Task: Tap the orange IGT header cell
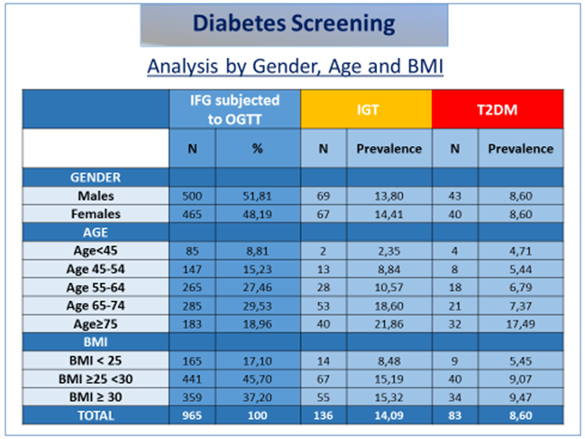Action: [366, 109]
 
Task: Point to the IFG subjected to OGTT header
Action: [236, 109]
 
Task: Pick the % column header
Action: [258, 149]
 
